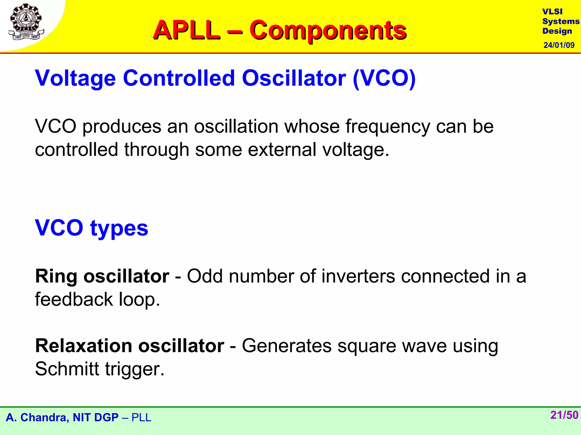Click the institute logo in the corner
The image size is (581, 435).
(x=26, y=22)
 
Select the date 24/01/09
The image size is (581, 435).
(x=559, y=45)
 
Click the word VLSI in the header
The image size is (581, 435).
(x=552, y=12)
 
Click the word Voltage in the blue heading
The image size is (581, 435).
(x=75, y=78)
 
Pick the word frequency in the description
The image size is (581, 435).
(x=388, y=127)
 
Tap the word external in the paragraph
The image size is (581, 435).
(x=282, y=150)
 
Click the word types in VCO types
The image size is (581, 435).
(x=119, y=228)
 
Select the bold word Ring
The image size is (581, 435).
(x=56, y=276)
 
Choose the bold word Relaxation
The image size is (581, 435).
(x=84, y=346)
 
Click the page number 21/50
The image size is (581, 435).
(x=564, y=415)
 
